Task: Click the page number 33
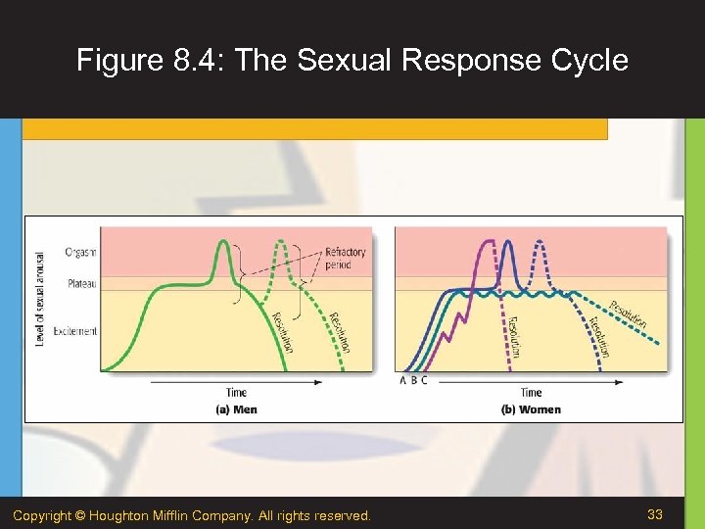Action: point(655,514)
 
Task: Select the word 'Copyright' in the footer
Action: point(44,515)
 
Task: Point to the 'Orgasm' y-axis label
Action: point(80,252)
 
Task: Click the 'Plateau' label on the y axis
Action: point(81,284)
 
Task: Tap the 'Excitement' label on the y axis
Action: point(75,331)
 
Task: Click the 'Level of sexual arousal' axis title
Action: point(40,296)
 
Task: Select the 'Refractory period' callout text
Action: point(344,259)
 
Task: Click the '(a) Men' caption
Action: point(237,409)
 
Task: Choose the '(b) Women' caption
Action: point(531,409)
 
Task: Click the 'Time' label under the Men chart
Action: point(236,393)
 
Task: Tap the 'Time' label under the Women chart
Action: point(531,393)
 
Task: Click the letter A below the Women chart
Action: point(402,380)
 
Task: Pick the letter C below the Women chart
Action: point(424,380)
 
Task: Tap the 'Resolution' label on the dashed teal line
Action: point(629,313)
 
